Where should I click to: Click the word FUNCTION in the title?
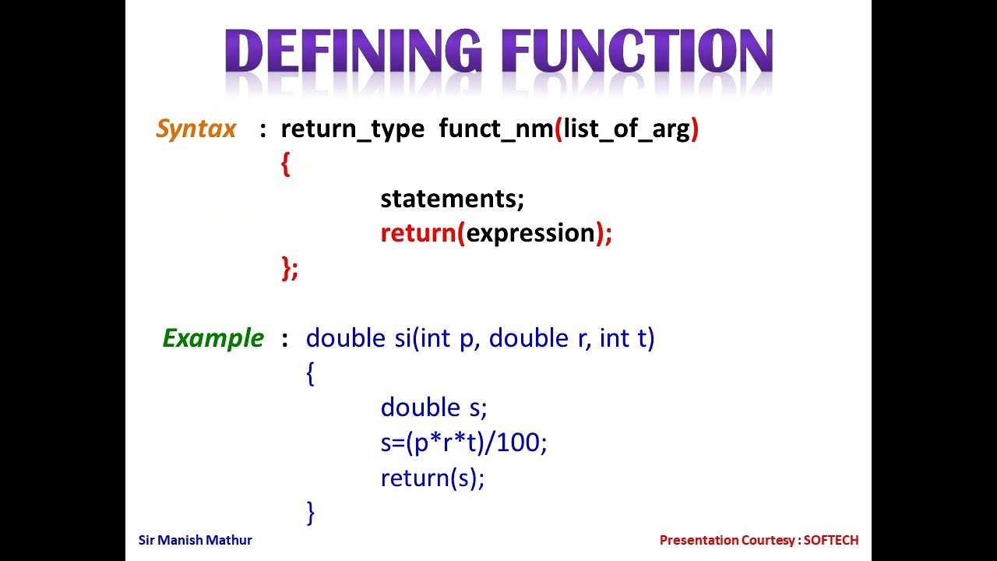pyautogui.click(x=637, y=53)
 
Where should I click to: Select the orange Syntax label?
pyautogui.click(x=196, y=129)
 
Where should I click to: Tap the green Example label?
pyautogui.click(x=213, y=338)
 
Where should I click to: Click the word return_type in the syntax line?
pyautogui.click(x=352, y=129)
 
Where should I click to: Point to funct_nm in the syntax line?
pyautogui.click(x=495, y=129)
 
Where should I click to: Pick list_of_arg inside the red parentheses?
pyautogui.click(x=627, y=129)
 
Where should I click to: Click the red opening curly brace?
pyautogui.click(x=285, y=164)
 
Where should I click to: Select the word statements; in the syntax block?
pyautogui.click(x=452, y=199)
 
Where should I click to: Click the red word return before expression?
pyautogui.click(x=417, y=233)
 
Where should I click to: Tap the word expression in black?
pyautogui.click(x=530, y=233)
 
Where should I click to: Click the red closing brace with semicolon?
pyautogui.click(x=289, y=267)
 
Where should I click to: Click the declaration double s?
pyautogui.click(x=433, y=408)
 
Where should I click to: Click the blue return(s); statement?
pyautogui.click(x=432, y=477)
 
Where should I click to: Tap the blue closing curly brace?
pyautogui.click(x=311, y=512)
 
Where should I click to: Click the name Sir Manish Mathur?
pyautogui.click(x=195, y=540)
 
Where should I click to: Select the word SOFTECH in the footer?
pyautogui.click(x=831, y=540)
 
